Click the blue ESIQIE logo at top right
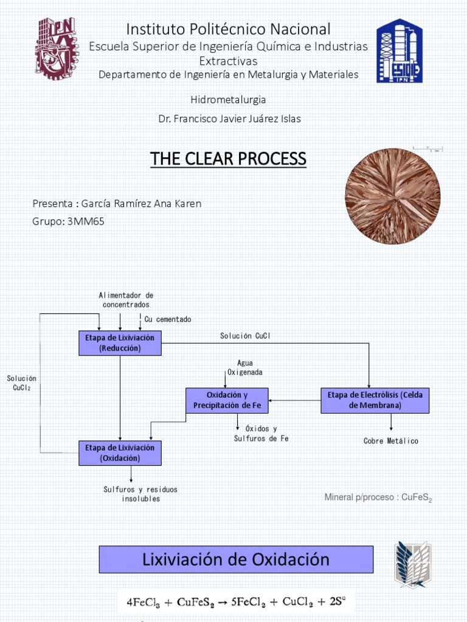pyautogui.click(x=399, y=50)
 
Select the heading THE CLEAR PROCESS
pyautogui.click(x=228, y=159)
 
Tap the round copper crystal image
pyautogui.click(x=393, y=196)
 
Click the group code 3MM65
pyautogui.click(x=87, y=221)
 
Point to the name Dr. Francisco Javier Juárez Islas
pyautogui.click(x=229, y=118)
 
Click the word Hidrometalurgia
pyautogui.click(x=228, y=99)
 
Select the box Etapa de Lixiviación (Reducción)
pyautogui.click(x=120, y=343)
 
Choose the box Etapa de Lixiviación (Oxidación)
pyautogui.click(x=120, y=453)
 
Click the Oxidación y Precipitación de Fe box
pyautogui.click(x=227, y=400)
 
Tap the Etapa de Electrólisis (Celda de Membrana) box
pyautogui.click(x=375, y=400)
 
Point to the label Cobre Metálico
pyautogui.click(x=391, y=440)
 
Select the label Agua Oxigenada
pyautogui.click(x=245, y=367)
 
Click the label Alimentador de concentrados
pyautogui.click(x=126, y=300)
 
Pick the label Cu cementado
pyautogui.click(x=168, y=319)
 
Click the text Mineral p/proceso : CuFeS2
pyautogui.click(x=378, y=498)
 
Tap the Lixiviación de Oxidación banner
pyautogui.click(x=236, y=559)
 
